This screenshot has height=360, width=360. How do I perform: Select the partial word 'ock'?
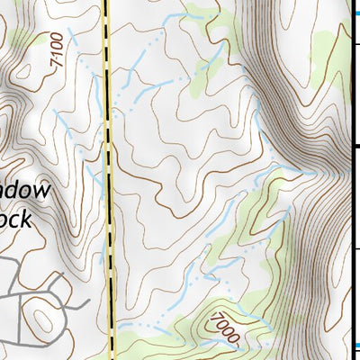tap(14, 219)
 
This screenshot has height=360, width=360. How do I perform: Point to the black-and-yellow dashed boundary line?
tap(110, 180)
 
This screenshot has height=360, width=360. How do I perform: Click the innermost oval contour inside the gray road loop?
tap(41, 315)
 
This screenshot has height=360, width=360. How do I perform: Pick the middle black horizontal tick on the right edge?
tap(354, 144)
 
